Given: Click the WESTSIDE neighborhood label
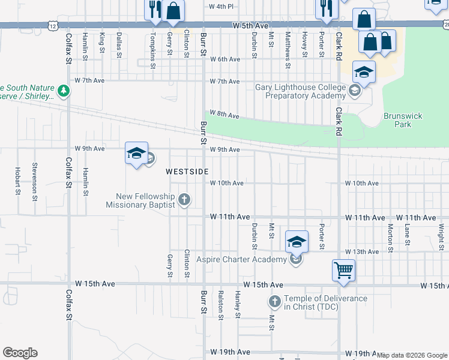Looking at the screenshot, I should pos(187,172).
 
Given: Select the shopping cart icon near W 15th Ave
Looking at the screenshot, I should pos(343,270).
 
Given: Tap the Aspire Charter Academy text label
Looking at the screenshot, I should pos(243,260).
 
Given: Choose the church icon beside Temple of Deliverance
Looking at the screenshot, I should pos(274,302).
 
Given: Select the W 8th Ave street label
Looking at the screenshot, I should pos(224,115).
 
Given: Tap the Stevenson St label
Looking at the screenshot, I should pos(35,181).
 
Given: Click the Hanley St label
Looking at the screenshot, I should pos(238,304).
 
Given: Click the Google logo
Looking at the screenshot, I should pos(20,353).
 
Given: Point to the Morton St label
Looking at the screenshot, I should pos(390,237).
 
